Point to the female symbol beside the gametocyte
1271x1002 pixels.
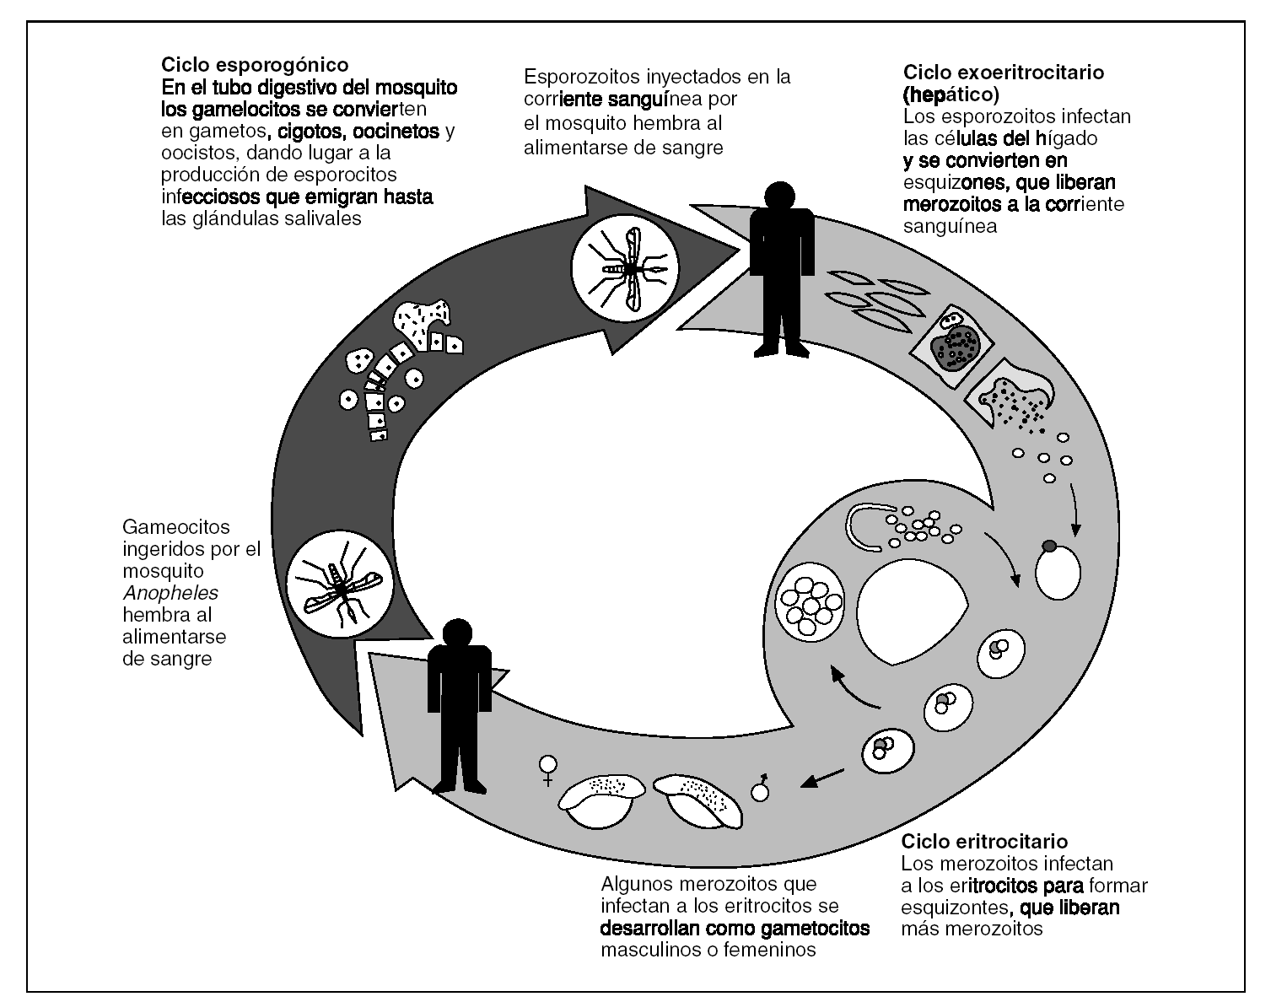pyautogui.click(x=548, y=770)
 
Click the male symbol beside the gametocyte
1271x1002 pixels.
pyautogui.click(x=762, y=787)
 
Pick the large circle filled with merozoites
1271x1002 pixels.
pyautogui.click(x=811, y=602)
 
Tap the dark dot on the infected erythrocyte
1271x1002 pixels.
pyautogui.click(x=1049, y=547)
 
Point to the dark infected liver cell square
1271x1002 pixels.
pyautogui.click(x=955, y=346)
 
